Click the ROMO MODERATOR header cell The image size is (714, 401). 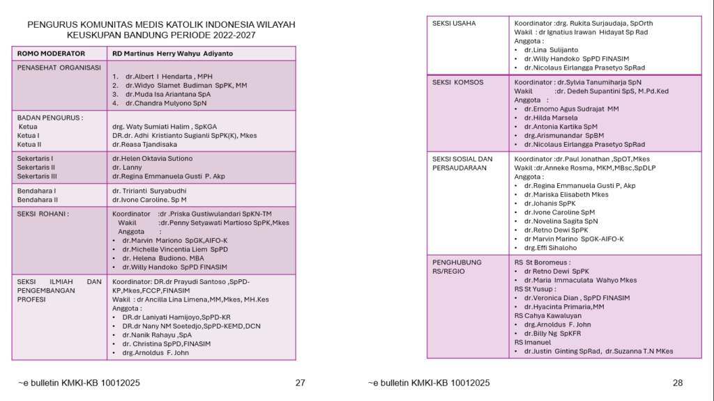52,54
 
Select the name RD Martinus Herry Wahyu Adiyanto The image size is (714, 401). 173,54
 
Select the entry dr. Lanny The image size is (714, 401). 127,168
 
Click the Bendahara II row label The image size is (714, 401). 37,200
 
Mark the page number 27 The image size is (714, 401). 301,382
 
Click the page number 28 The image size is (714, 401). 678,382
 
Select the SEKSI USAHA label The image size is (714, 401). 454,23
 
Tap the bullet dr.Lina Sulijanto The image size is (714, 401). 551,50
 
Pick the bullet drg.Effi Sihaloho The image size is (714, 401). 550,248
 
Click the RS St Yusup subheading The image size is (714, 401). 534,289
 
